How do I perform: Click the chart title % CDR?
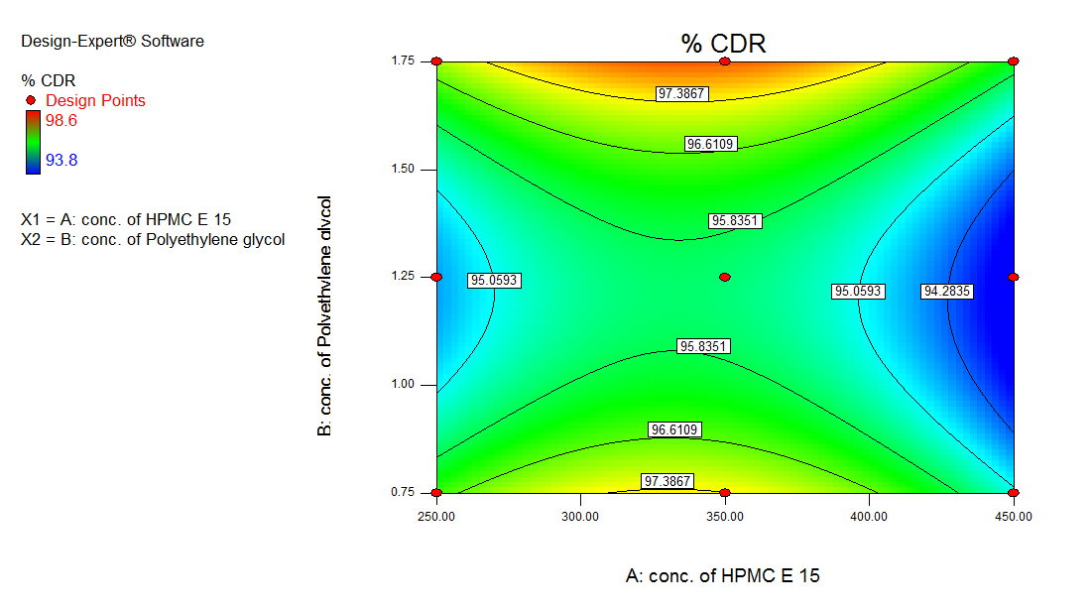click(x=724, y=43)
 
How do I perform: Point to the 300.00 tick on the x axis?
click(x=580, y=516)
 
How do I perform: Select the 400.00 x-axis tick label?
click(x=869, y=516)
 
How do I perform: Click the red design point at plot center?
click(x=725, y=277)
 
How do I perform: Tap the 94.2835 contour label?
click(x=947, y=292)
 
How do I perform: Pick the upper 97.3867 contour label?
click(x=681, y=93)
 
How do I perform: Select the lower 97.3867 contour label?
click(x=667, y=481)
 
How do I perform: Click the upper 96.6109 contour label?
click(x=710, y=145)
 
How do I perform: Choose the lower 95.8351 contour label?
click(x=703, y=347)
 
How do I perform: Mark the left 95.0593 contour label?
click(x=493, y=281)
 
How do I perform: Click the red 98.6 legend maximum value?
click(x=62, y=120)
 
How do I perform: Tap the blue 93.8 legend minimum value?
click(x=62, y=159)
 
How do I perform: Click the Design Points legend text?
click(x=95, y=100)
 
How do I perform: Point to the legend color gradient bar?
click(x=34, y=142)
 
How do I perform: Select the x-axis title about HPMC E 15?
click(x=723, y=575)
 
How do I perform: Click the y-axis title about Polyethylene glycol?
click(x=324, y=316)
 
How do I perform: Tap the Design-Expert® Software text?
click(x=112, y=41)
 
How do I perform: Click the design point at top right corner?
click(x=1013, y=61)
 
